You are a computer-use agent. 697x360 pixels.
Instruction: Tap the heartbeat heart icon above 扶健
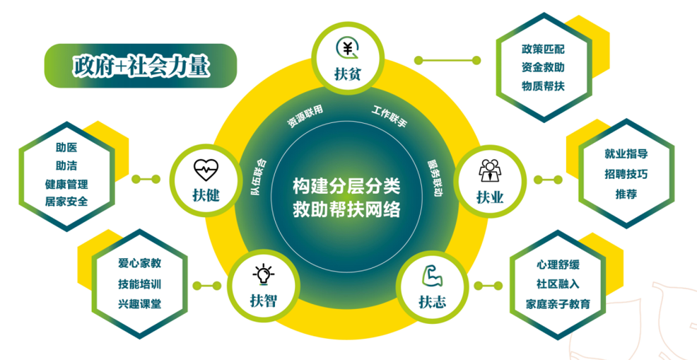point(206,170)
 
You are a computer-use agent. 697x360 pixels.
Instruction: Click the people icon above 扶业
point(490,170)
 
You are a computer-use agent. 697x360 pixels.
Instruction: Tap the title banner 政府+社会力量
point(140,65)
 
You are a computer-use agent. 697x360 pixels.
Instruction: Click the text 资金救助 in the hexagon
point(543,68)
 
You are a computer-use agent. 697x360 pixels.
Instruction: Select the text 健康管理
point(66,184)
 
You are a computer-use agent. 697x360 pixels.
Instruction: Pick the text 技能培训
point(139,284)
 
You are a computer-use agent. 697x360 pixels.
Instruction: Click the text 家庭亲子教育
point(558,304)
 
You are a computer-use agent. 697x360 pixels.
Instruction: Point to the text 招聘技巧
point(626,174)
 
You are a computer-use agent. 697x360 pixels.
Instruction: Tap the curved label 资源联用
point(304,117)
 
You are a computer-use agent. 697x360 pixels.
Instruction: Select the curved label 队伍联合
point(258,177)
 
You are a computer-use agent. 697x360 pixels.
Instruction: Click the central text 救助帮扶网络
point(346,209)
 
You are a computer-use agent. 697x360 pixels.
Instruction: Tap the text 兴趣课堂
point(139,304)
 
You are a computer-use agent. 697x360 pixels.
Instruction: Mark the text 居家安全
point(66,202)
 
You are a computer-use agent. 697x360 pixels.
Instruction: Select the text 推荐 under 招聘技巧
point(626,194)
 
